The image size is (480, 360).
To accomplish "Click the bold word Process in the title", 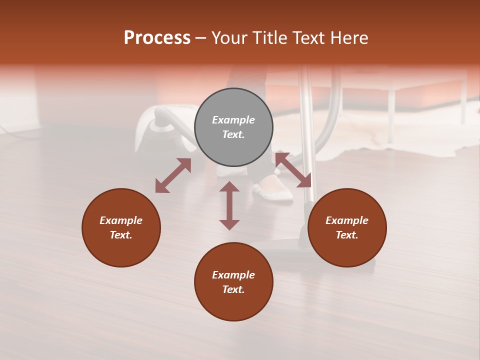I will tap(157, 38).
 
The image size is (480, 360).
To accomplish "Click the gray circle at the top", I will tap(233, 127).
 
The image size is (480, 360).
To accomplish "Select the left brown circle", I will tap(121, 228).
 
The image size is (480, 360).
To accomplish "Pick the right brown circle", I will tap(347, 228).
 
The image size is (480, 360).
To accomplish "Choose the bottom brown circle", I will tap(233, 282).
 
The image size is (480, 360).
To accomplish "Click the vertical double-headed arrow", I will tap(229, 206).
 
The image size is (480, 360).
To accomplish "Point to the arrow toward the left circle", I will tap(173, 175).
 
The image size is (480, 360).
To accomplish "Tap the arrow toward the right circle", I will tap(293, 170).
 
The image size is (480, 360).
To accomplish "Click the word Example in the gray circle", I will tap(233, 120).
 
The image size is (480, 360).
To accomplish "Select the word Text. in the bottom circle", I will tap(233, 289).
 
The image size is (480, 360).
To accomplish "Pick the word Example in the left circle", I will tap(121, 220).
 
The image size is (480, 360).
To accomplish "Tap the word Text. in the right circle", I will tap(347, 235).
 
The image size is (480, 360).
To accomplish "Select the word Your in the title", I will tap(227, 38).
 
